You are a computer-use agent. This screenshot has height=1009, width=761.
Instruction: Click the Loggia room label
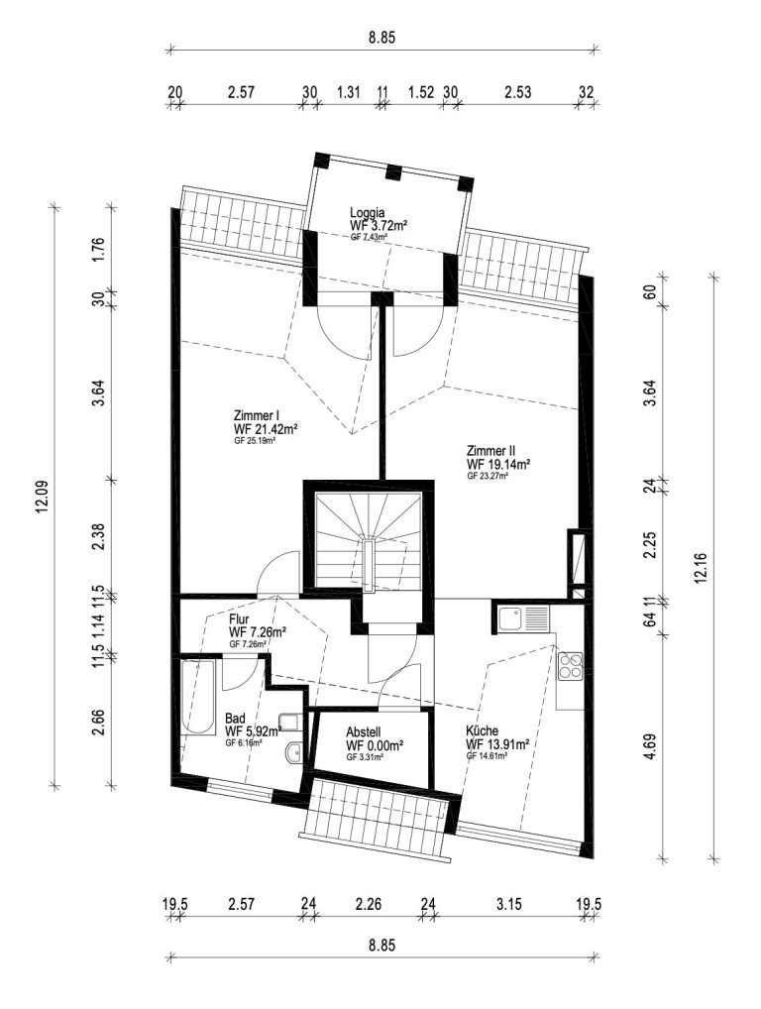[x=368, y=212]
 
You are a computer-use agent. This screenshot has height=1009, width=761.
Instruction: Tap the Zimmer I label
[x=256, y=415]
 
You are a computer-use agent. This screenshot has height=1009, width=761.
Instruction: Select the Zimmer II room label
[x=491, y=450]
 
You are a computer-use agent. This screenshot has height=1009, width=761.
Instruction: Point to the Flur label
[x=239, y=619]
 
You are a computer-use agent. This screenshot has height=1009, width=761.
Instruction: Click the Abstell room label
[x=364, y=732]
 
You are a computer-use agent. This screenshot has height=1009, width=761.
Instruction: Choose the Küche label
[x=483, y=731]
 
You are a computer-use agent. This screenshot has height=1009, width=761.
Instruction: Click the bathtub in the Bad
[x=198, y=696]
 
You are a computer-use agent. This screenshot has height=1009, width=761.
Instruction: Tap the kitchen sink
[x=522, y=619]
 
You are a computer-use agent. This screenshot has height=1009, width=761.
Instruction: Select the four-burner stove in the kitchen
[x=570, y=666]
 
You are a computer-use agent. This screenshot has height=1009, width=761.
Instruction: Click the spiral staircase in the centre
[x=368, y=539]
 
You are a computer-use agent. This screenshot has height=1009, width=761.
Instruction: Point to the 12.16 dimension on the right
[x=701, y=568]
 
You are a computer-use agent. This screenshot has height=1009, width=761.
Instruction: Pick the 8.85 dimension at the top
[x=382, y=38]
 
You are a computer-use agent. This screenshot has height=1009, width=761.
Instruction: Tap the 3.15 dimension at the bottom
[x=509, y=904]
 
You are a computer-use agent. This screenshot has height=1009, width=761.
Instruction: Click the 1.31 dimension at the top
[x=348, y=91]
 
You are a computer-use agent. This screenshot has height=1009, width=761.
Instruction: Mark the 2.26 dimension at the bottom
[x=370, y=904]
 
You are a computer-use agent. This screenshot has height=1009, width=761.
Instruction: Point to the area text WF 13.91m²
[x=497, y=744]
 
